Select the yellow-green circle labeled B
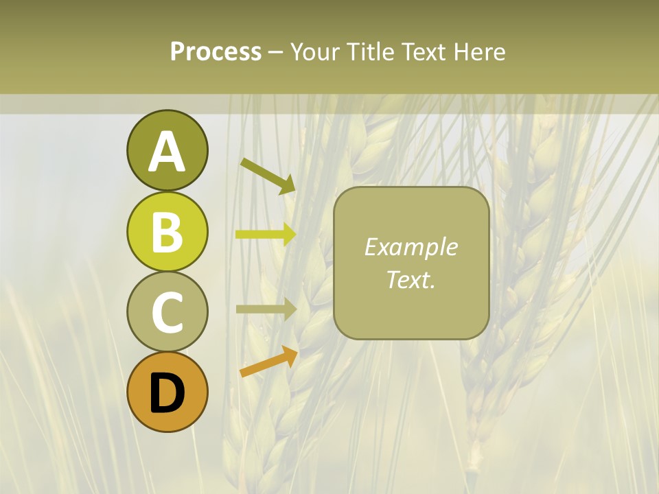coord(167,231)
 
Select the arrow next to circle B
coord(266,235)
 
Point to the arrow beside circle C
coord(266,309)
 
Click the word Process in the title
coord(216,51)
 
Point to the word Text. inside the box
coord(411,280)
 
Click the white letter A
coord(167,152)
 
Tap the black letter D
coord(167,393)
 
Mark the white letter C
coord(167,312)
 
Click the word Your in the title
coord(315,51)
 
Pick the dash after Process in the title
coord(276,52)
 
